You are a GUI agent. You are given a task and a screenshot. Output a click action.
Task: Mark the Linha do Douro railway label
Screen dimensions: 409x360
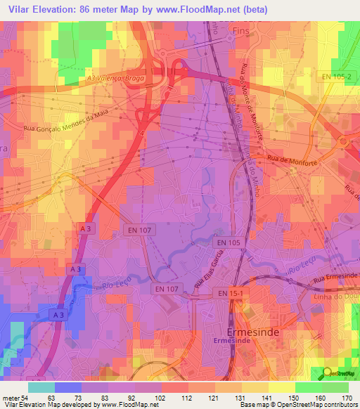tap(338, 293)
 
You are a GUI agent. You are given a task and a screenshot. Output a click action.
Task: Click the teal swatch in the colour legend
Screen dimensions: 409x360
tap(41, 387)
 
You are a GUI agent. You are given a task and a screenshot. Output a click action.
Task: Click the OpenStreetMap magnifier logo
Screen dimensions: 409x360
tap(328, 372)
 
